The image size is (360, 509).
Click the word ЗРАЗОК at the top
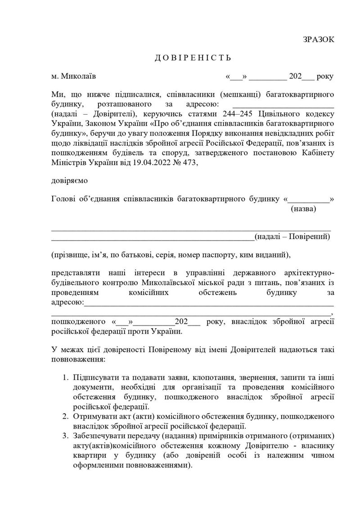pyautogui.click(x=319, y=40)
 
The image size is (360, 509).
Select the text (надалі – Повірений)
pyautogui.click(x=292, y=237)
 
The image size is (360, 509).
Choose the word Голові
pyautogui.click(x=65, y=199)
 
